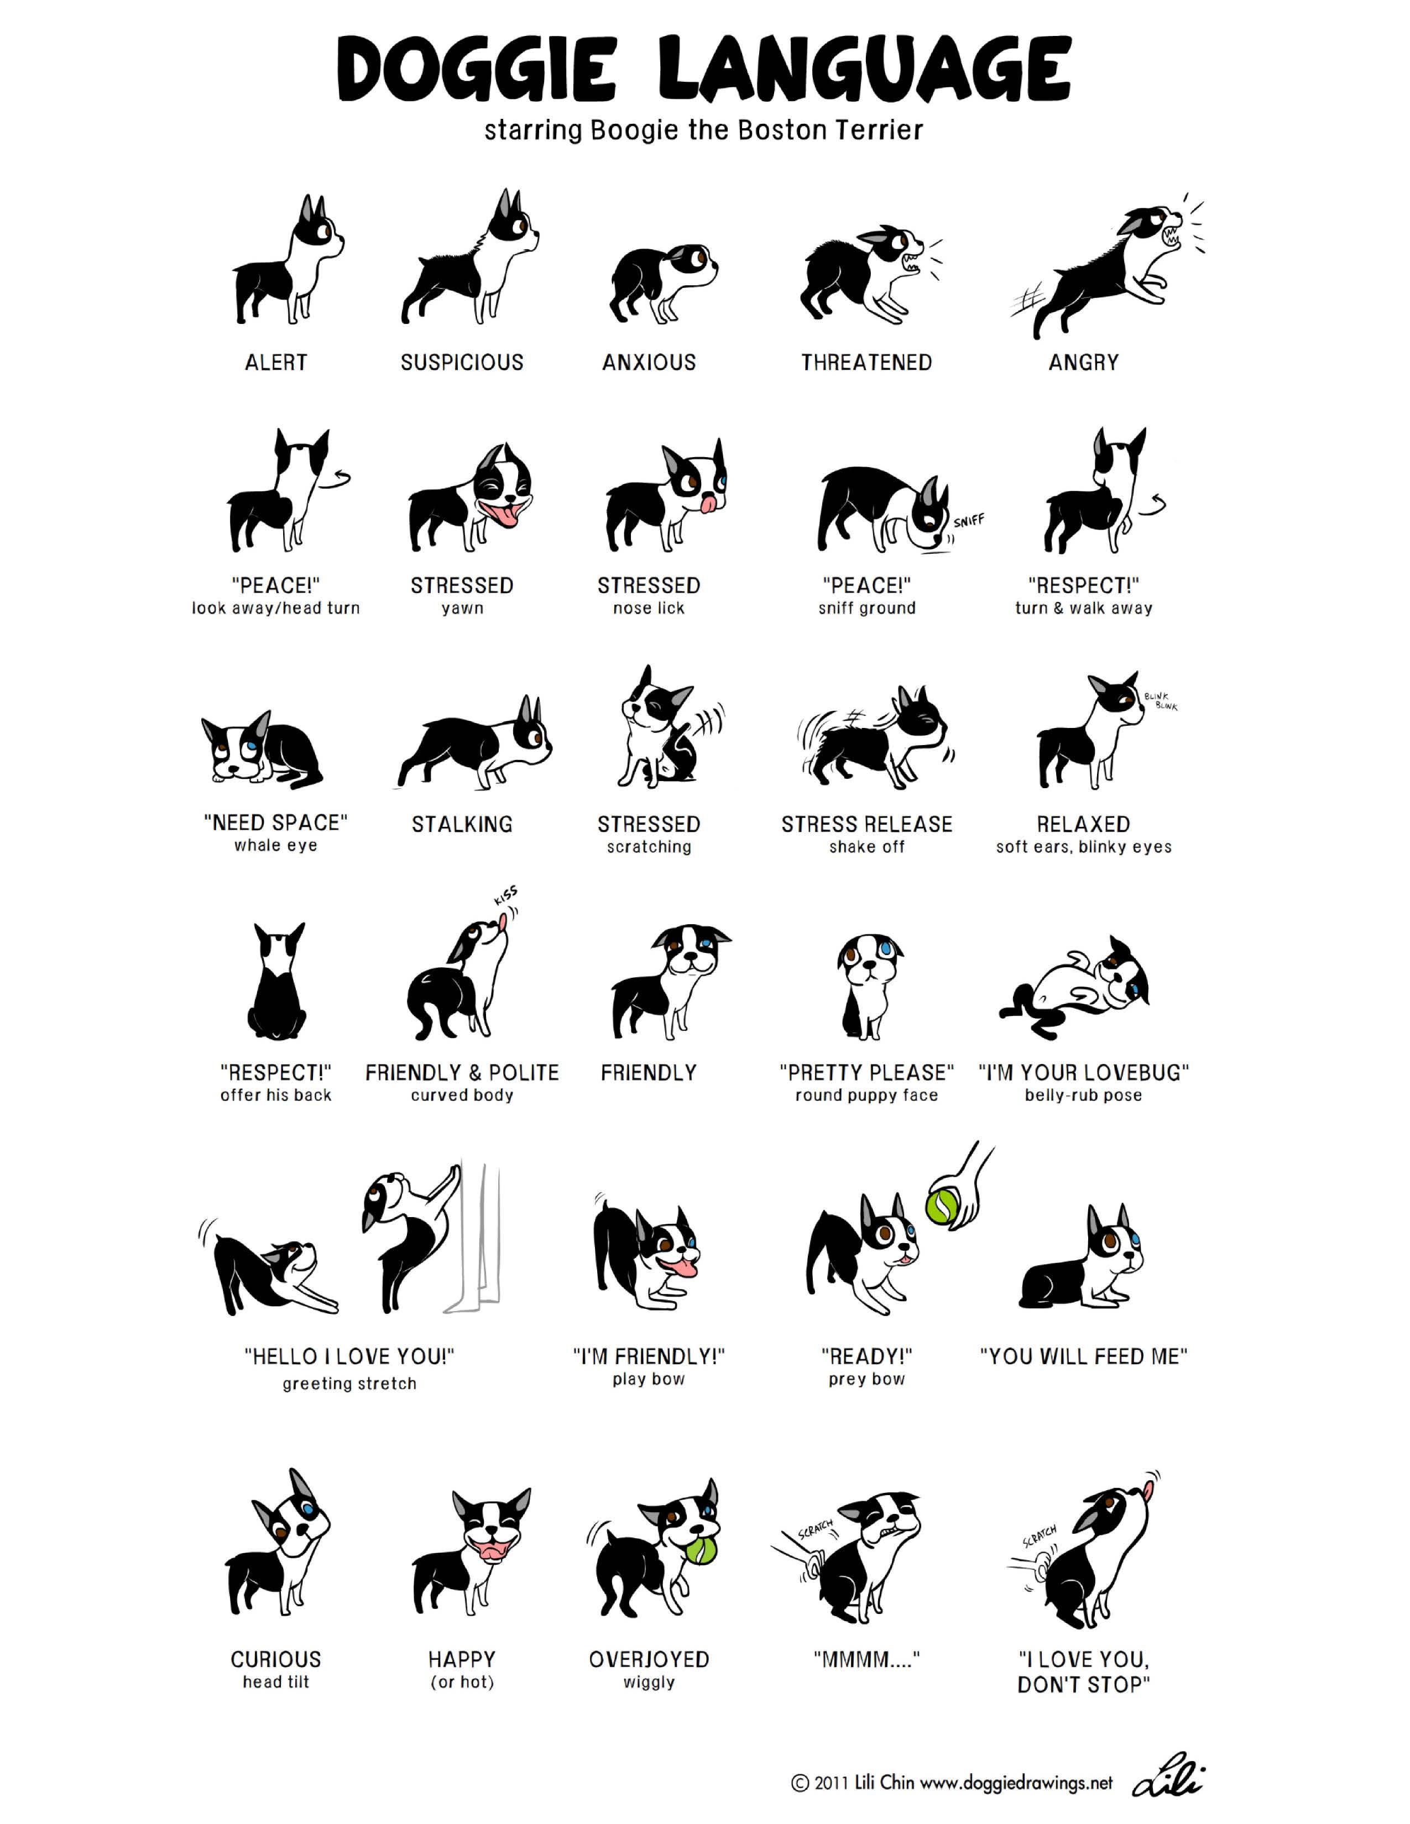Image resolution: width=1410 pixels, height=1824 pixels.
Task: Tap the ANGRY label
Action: tap(1083, 363)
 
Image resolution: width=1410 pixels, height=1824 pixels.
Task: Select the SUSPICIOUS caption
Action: tap(462, 363)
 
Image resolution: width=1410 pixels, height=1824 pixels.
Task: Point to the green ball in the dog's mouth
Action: tap(702, 1551)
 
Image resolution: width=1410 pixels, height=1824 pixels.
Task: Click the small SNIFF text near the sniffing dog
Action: tap(969, 521)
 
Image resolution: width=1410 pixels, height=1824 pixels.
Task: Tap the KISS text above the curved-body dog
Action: tap(506, 896)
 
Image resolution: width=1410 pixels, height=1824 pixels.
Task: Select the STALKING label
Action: tap(462, 824)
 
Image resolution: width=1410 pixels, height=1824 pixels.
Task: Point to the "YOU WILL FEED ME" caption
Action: tap(1083, 1356)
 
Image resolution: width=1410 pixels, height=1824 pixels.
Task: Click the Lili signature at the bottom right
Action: tap(1169, 1781)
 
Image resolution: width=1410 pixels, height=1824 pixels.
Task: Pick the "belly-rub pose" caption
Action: tap(1083, 1095)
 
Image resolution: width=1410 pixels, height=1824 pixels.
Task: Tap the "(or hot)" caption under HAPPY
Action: tap(462, 1682)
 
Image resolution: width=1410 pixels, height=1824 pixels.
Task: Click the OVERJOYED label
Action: tap(649, 1659)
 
